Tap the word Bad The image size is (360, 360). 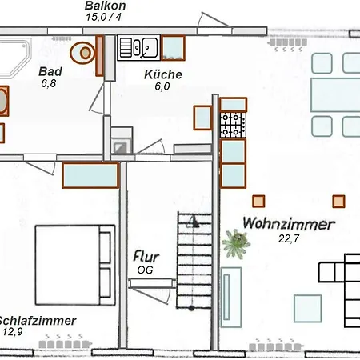coord(50,71)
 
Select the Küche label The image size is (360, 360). coord(163,74)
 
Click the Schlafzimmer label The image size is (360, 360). coord(38,320)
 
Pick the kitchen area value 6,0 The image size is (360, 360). coord(163,86)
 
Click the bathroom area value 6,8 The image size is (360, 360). coord(50,82)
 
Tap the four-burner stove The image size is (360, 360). coord(232,124)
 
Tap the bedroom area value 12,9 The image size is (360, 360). coord(12,331)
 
